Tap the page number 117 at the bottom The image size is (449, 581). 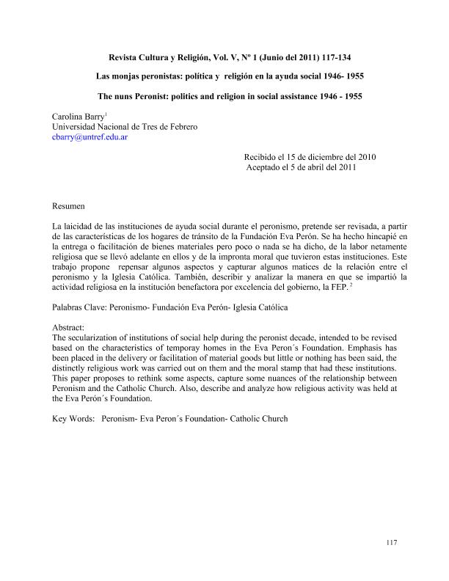click(x=390, y=542)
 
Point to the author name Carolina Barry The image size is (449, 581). click(x=80, y=116)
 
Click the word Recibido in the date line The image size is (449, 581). click(x=263, y=157)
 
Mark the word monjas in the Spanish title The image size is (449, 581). click(x=128, y=76)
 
